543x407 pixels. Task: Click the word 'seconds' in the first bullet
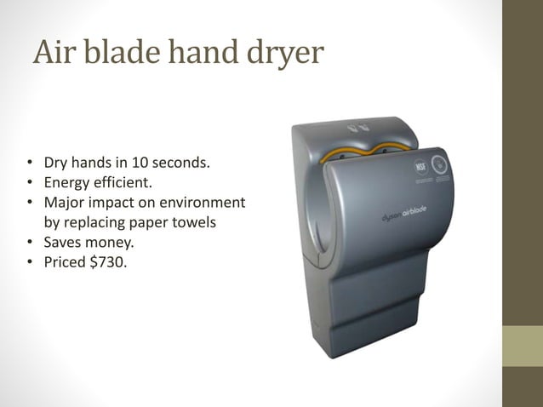178,162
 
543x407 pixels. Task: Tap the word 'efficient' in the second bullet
123,182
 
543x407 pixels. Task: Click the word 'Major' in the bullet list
64,203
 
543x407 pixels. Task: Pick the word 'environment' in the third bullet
201,203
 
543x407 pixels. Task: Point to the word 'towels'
194,224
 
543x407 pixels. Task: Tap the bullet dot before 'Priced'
30,265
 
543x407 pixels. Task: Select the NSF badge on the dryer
420,166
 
